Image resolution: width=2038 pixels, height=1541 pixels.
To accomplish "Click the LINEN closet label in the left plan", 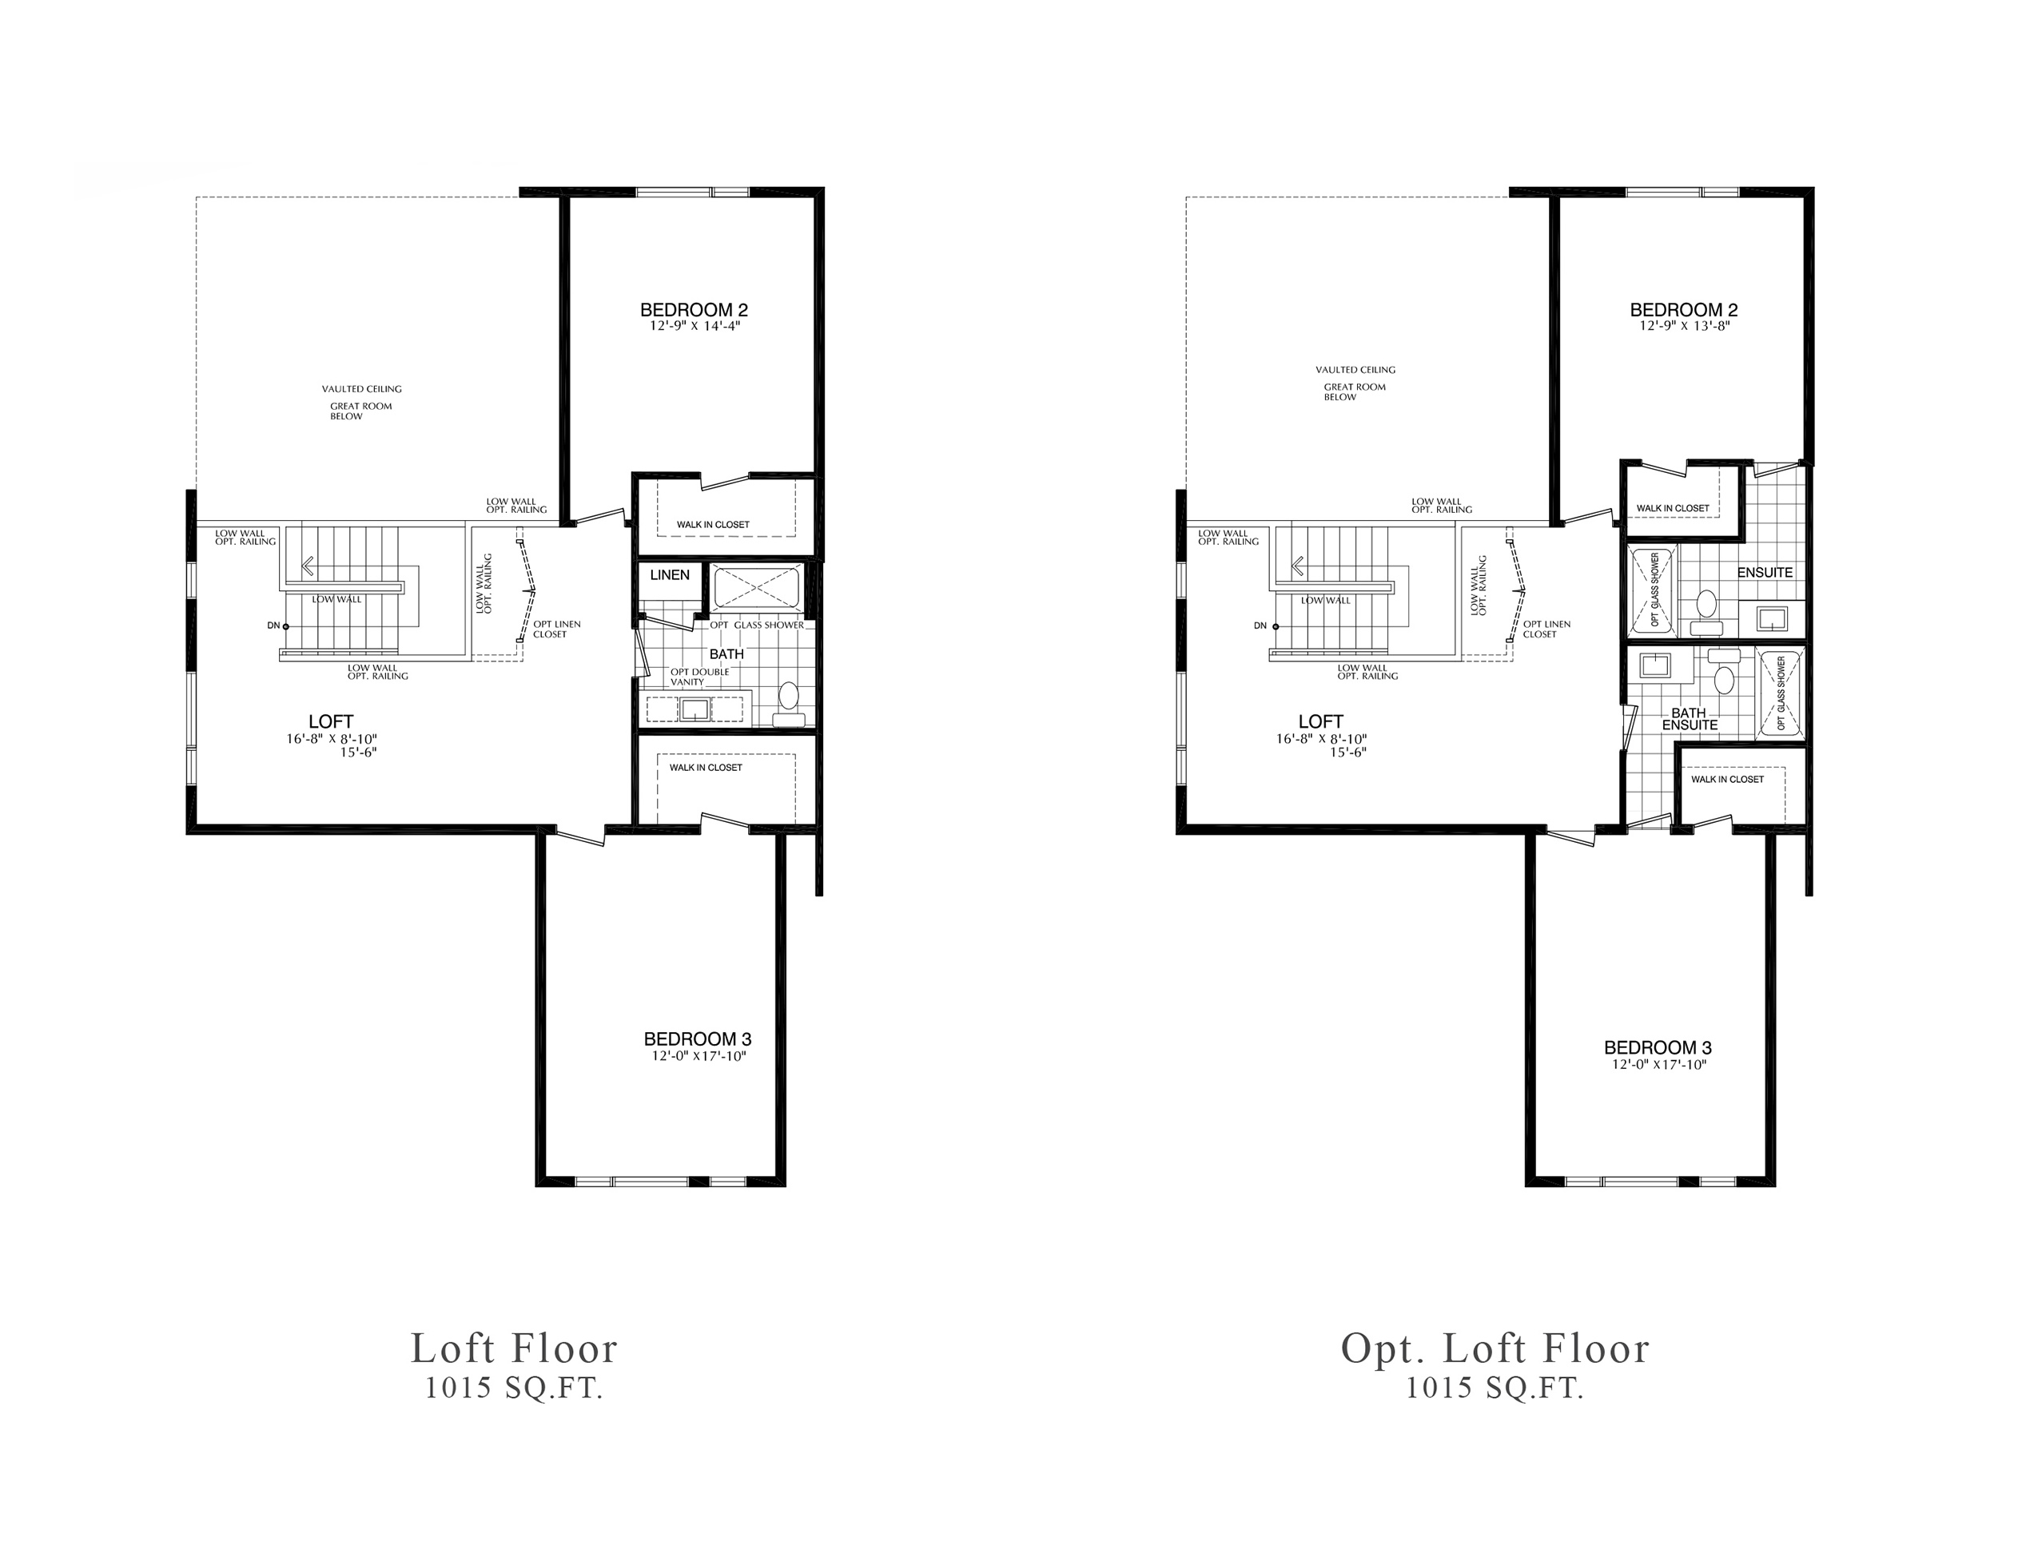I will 669,574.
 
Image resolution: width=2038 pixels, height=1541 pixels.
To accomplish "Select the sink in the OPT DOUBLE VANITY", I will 694,709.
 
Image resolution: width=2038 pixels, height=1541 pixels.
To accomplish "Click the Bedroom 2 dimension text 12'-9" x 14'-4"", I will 693,325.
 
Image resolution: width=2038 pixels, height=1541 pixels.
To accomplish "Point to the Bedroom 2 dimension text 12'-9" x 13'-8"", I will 1683,325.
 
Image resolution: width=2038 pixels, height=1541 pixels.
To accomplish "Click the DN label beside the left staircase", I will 273,626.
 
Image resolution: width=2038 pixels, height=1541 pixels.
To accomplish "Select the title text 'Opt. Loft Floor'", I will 1495,1348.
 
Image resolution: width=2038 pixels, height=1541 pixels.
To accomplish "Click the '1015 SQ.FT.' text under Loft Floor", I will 514,1389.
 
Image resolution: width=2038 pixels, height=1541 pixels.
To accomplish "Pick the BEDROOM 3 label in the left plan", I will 698,1039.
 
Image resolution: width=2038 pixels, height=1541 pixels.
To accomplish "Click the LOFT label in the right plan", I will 1320,722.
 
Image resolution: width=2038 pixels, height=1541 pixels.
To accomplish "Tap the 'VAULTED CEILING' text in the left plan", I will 361,389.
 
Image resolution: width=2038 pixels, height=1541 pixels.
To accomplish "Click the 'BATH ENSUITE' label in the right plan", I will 1690,720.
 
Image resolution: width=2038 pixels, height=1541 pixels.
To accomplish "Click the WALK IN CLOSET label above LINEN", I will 713,524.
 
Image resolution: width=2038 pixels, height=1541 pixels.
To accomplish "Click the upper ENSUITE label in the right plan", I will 1765,572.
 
